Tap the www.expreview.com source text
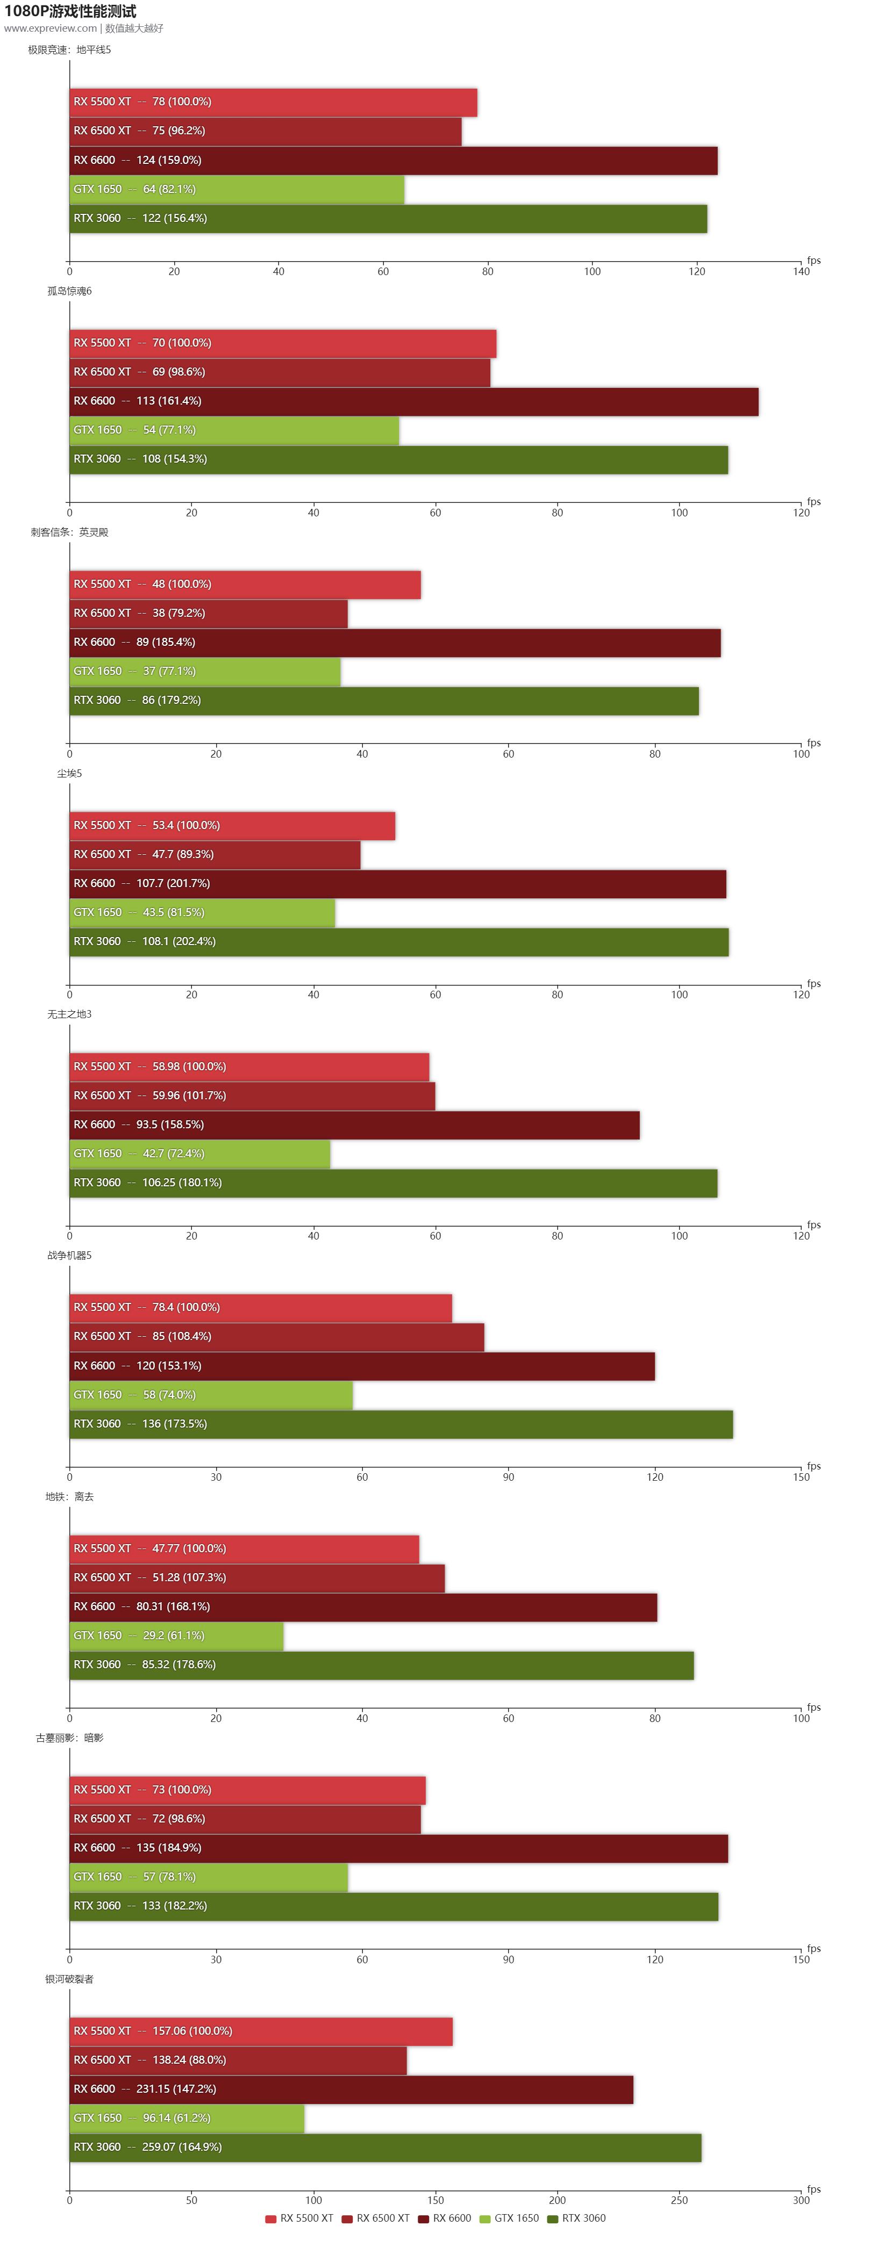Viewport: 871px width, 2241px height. coord(51,28)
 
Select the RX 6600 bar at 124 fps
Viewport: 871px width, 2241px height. coord(394,160)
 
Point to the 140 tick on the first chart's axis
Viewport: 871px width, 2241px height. coord(801,271)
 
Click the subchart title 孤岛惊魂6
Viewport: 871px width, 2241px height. coord(69,291)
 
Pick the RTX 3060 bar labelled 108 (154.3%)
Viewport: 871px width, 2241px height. coord(398,459)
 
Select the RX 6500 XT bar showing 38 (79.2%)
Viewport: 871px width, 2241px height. coord(209,614)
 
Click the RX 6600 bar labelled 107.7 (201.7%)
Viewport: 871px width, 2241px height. coord(398,884)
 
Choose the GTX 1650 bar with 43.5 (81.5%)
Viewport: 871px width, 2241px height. coord(202,913)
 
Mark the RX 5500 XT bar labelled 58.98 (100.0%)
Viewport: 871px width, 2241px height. coord(249,1067)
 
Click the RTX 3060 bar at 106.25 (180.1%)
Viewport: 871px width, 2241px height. coord(394,1183)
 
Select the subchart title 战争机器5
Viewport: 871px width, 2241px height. coord(69,1255)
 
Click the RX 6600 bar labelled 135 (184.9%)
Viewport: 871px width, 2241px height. coord(398,1848)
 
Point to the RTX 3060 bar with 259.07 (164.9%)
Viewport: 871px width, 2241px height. coord(385,2147)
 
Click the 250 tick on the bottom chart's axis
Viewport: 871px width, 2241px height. coord(679,2200)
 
